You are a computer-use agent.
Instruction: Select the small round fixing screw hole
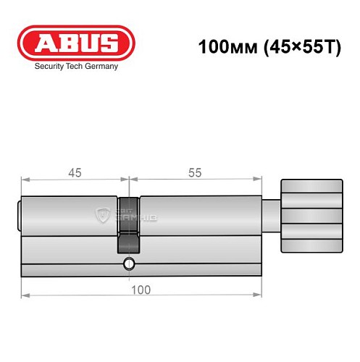click(128, 263)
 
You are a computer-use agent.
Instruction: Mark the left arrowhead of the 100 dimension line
click(24, 296)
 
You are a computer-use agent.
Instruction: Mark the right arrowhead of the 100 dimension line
click(256, 296)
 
